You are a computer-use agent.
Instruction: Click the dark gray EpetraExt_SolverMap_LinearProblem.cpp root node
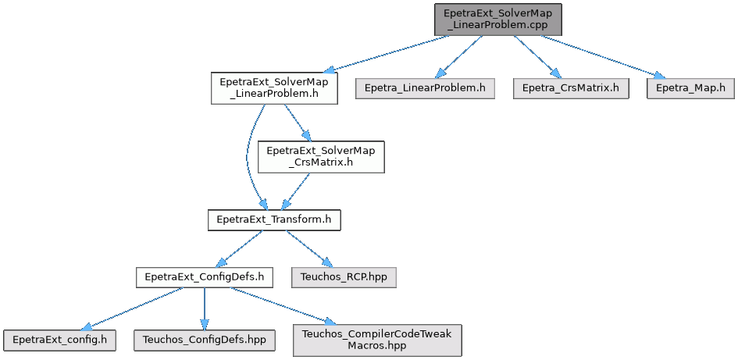[x=499, y=19]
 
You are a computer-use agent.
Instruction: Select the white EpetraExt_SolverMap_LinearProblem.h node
[x=274, y=88]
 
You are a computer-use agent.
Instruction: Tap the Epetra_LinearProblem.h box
[x=426, y=87]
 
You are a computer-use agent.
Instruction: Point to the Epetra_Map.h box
[x=690, y=87]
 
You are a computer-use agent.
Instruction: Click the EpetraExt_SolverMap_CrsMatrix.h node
[x=321, y=156]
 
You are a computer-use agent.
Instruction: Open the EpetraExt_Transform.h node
[x=274, y=220]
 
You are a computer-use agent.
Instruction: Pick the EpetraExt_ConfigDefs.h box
[x=204, y=276]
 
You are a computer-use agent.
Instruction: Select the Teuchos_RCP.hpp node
[x=344, y=276]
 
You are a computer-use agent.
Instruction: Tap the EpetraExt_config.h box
[x=59, y=340]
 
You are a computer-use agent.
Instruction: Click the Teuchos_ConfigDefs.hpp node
[x=204, y=340]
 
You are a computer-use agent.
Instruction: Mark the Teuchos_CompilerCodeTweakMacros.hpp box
[x=377, y=340]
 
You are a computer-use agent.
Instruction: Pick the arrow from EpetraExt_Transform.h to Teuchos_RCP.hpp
[x=308, y=248]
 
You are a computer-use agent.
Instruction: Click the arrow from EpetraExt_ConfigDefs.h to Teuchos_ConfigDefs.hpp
[x=204, y=308]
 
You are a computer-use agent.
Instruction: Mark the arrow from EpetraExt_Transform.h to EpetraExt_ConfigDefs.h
[x=238, y=248]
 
